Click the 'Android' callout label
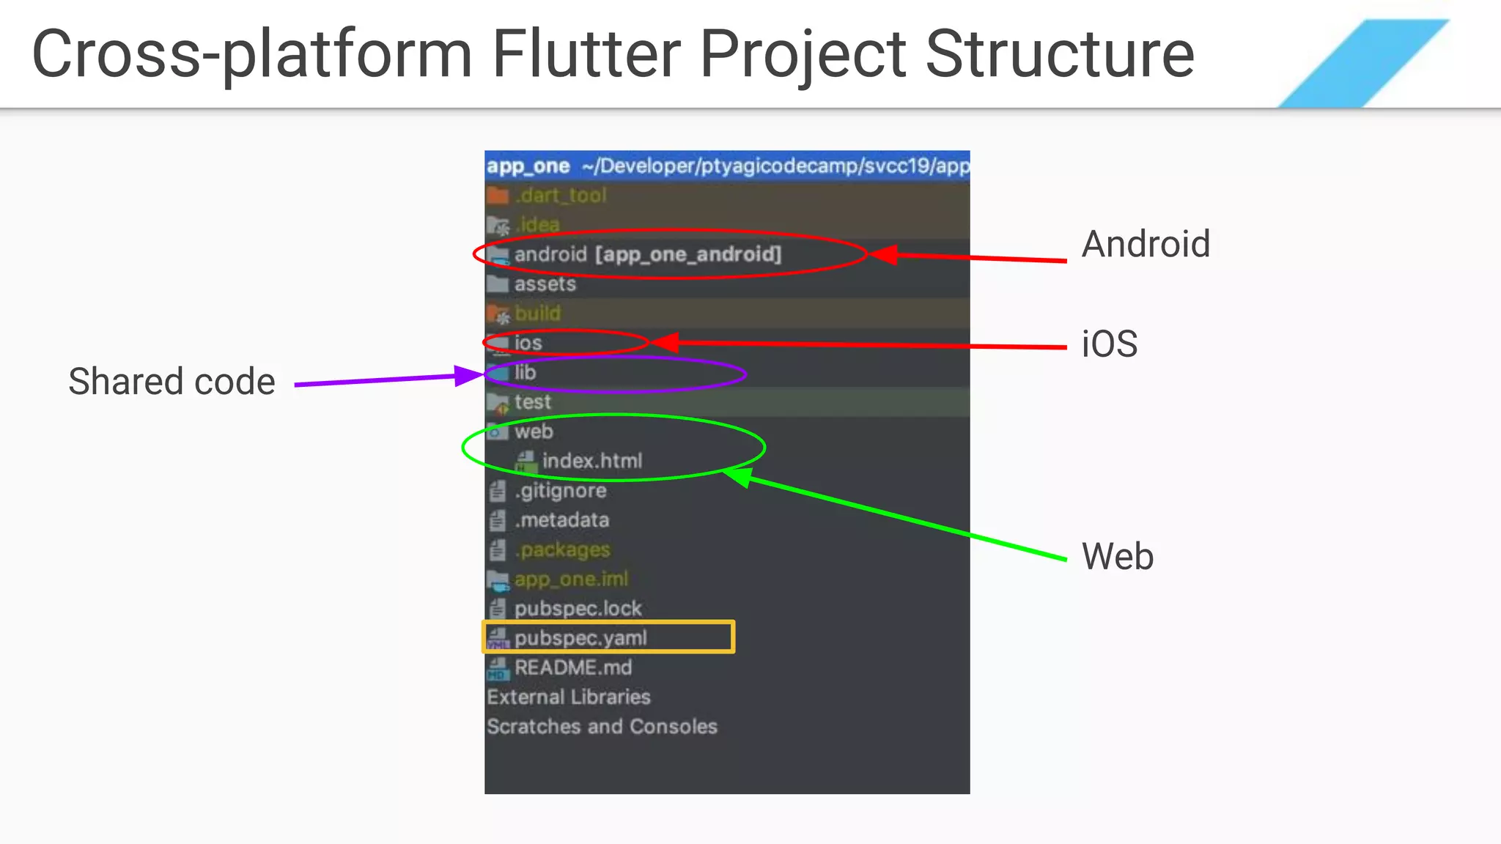click(1146, 244)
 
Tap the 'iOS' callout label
click(1110, 344)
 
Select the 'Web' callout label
click(1118, 556)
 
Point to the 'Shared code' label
click(172, 382)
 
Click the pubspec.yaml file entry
click(580, 637)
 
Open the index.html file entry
click(591, 461)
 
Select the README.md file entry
click(572, 667)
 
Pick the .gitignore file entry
click(560, 490)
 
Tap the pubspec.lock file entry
click(578, 608)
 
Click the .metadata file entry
click(561, 520)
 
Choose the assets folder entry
click(545, 284)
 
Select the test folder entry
click(532, 401)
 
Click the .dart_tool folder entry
click(561, 196)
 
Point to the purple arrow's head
click(468, 376)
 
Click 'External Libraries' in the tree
click(569, 697)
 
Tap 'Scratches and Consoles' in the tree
click(602, 726)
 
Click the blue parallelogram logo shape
click(1363, 64)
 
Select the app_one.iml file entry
click(571, 579)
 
